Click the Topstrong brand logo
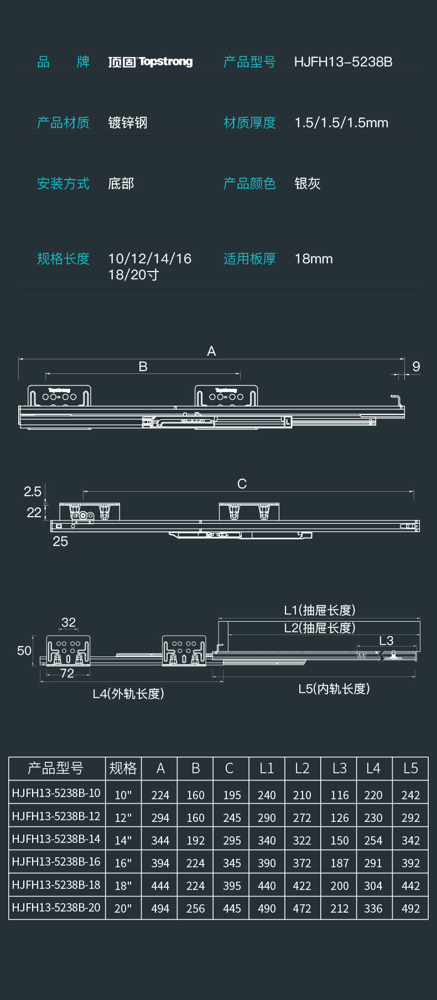point(150,61)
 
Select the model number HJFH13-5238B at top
point(343,62)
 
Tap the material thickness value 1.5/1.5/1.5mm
point(341,123)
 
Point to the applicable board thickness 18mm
point(314,259)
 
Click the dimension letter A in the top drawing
point(211,351)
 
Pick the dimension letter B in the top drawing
point(143,367)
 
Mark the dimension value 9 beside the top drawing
point(416,367)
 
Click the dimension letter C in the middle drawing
point(242,484)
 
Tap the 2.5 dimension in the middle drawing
point(33,491)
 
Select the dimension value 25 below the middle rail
point(60,541)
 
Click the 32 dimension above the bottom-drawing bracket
point(69,622)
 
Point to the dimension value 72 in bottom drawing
point(67,673)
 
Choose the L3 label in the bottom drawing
point(386,640)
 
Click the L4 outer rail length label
point(128,694)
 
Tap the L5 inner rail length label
point(334,689)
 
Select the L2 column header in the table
point(302,768)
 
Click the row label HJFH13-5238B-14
point(56,839)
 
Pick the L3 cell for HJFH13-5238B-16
point(340,863)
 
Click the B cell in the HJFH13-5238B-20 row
point(195,908)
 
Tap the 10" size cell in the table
point(123,795)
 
